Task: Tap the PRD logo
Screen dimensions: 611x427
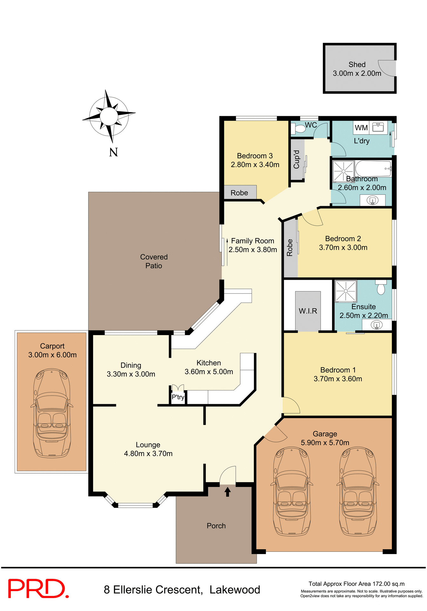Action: point(38,589)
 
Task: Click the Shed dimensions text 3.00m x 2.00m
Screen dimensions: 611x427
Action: point(357,74)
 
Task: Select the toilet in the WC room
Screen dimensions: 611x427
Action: point(299,129)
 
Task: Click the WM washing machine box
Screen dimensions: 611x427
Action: point(361,128)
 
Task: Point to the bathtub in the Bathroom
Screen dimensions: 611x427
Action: point(373,168)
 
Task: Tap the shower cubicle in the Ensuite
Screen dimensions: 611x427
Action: point(345,291)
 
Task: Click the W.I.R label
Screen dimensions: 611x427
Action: point(308,311)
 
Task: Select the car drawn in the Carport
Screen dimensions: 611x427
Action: point(52,413)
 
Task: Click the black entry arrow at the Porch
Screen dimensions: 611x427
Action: point(227,492)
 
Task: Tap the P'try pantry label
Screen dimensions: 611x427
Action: point(178,397)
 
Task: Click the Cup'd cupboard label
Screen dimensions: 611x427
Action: point(297,159)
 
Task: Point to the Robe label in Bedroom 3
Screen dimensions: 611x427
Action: point(239,193)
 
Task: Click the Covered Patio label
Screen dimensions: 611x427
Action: point(154,261)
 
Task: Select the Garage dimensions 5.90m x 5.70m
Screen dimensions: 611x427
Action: point(325,443)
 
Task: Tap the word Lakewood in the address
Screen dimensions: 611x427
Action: point(235,590)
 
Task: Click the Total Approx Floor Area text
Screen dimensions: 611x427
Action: point(356,584)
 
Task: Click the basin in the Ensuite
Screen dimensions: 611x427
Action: point(376,325)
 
